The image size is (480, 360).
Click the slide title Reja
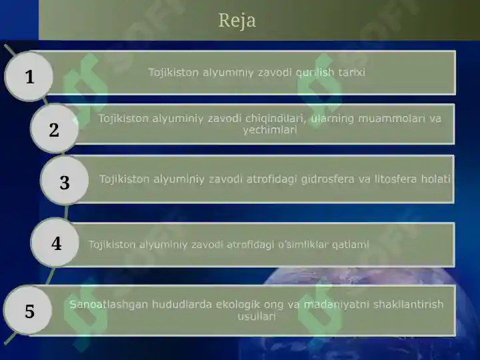point(237,21)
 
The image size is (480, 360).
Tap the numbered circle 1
point(29,76)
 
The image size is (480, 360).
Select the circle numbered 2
point(55,129)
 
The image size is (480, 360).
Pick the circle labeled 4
point(55,243)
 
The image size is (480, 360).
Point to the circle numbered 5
point(28,310)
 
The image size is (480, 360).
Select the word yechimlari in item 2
point(270,130)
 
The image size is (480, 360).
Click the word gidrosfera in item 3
point(327,179)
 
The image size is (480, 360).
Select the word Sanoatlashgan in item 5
point(109,305)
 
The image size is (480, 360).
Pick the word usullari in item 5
point(257,316)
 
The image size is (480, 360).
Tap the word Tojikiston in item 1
point(173,73)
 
